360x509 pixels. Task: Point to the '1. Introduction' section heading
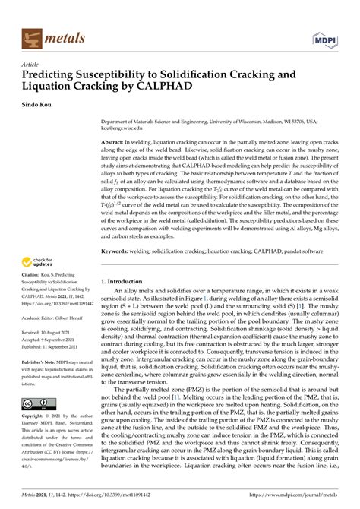point(125,282)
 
